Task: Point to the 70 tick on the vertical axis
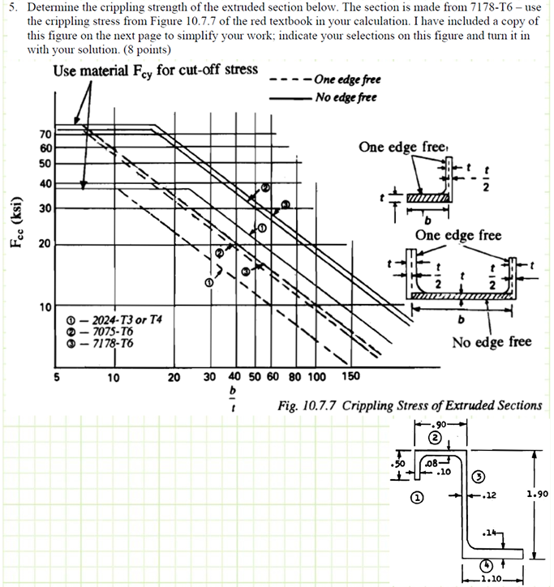(x=45, y=134)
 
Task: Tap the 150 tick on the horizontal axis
(x=350, y=376)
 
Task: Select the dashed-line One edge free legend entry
(x=346, y=79)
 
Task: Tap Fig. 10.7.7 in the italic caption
(x=304, y=405)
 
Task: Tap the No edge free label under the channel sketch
(x=492, y=341)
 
